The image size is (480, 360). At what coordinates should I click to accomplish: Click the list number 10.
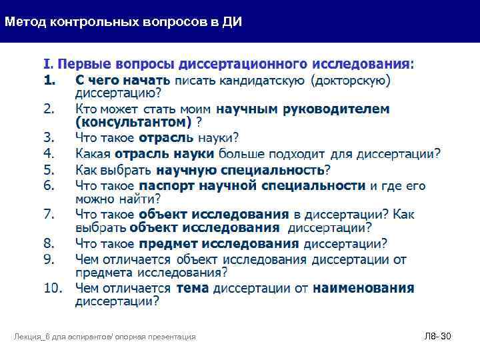coord(53,289)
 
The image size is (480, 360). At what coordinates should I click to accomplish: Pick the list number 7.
coord(49,215)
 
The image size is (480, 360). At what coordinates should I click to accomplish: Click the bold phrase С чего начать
coord(123,81)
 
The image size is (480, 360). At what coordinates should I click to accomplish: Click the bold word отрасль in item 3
coord(166,138)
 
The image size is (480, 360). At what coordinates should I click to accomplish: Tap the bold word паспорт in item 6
coord(166,185)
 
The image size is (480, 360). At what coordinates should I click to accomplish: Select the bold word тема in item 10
coord(192,289)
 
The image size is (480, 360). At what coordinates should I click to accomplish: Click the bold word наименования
coord(363,289)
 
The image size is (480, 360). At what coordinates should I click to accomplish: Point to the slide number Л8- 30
coord(437,337)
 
